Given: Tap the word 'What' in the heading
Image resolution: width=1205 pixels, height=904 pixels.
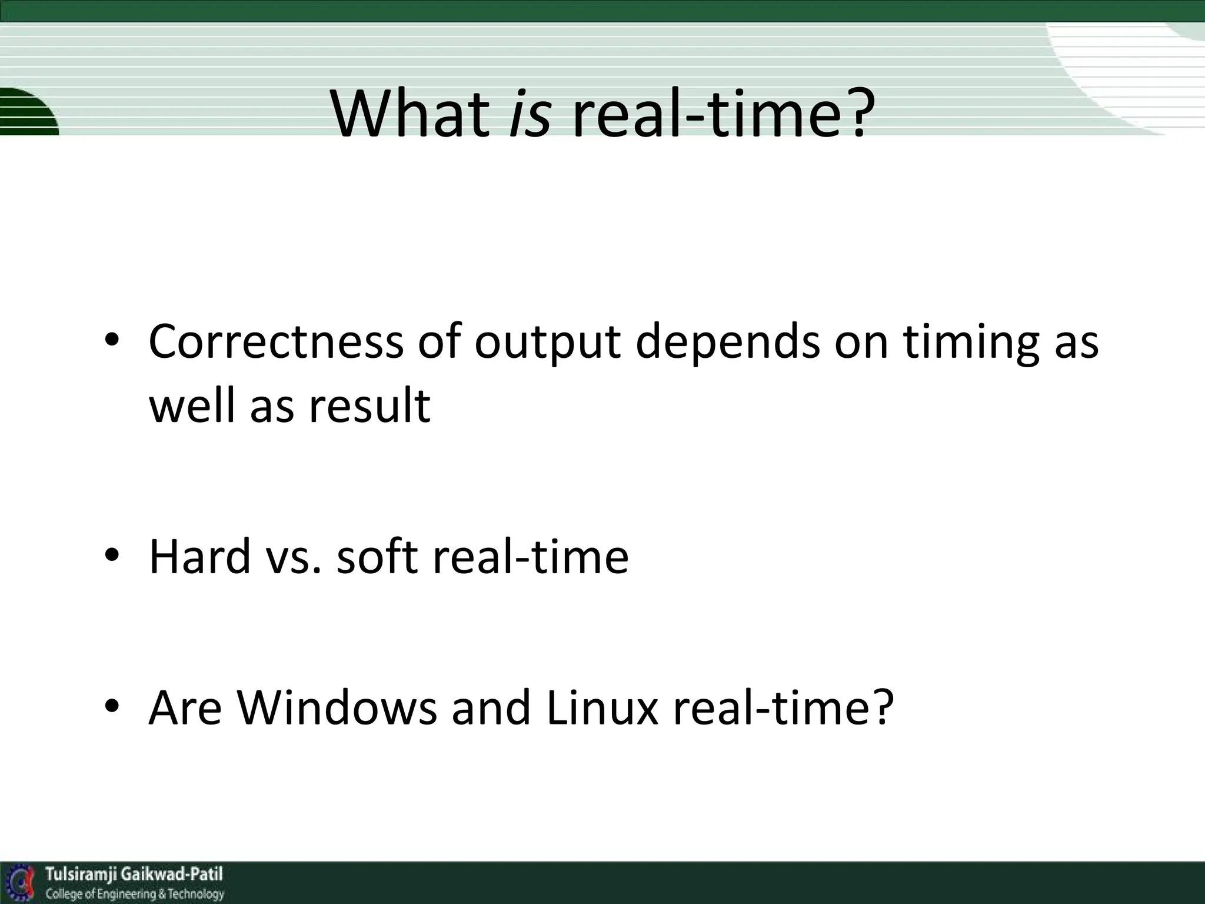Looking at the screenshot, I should (410, 113).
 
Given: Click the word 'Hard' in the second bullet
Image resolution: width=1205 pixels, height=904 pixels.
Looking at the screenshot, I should (200, 556).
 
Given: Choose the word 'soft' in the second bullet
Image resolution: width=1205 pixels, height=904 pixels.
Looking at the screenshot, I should (377, 556).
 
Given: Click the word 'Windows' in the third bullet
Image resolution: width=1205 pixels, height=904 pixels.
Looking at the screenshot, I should (337, 707).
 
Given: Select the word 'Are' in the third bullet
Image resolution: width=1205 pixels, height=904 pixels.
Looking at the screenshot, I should (185, 707).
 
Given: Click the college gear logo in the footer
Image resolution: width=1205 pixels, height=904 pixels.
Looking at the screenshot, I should (21, 883).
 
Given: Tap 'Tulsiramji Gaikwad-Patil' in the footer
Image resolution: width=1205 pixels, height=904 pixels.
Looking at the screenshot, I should (134, 874).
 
